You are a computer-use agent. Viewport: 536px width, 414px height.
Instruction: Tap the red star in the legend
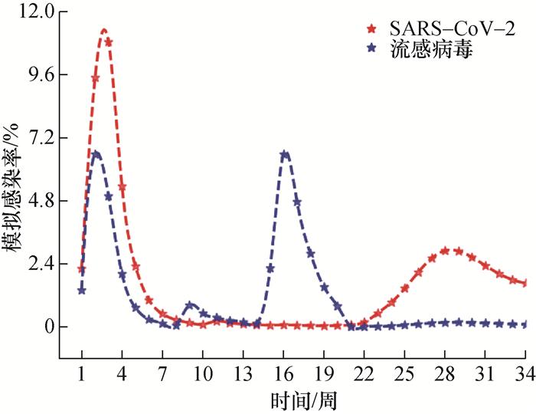(x=372, y=29)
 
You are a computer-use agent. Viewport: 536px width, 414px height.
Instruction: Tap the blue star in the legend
(x=372, y=48)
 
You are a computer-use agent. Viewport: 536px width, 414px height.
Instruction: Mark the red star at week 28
(x=445, y=251)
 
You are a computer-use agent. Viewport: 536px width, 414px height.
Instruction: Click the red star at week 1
(x=82, y=269)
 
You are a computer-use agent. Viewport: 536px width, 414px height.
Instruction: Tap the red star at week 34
(x=525, y=284)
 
